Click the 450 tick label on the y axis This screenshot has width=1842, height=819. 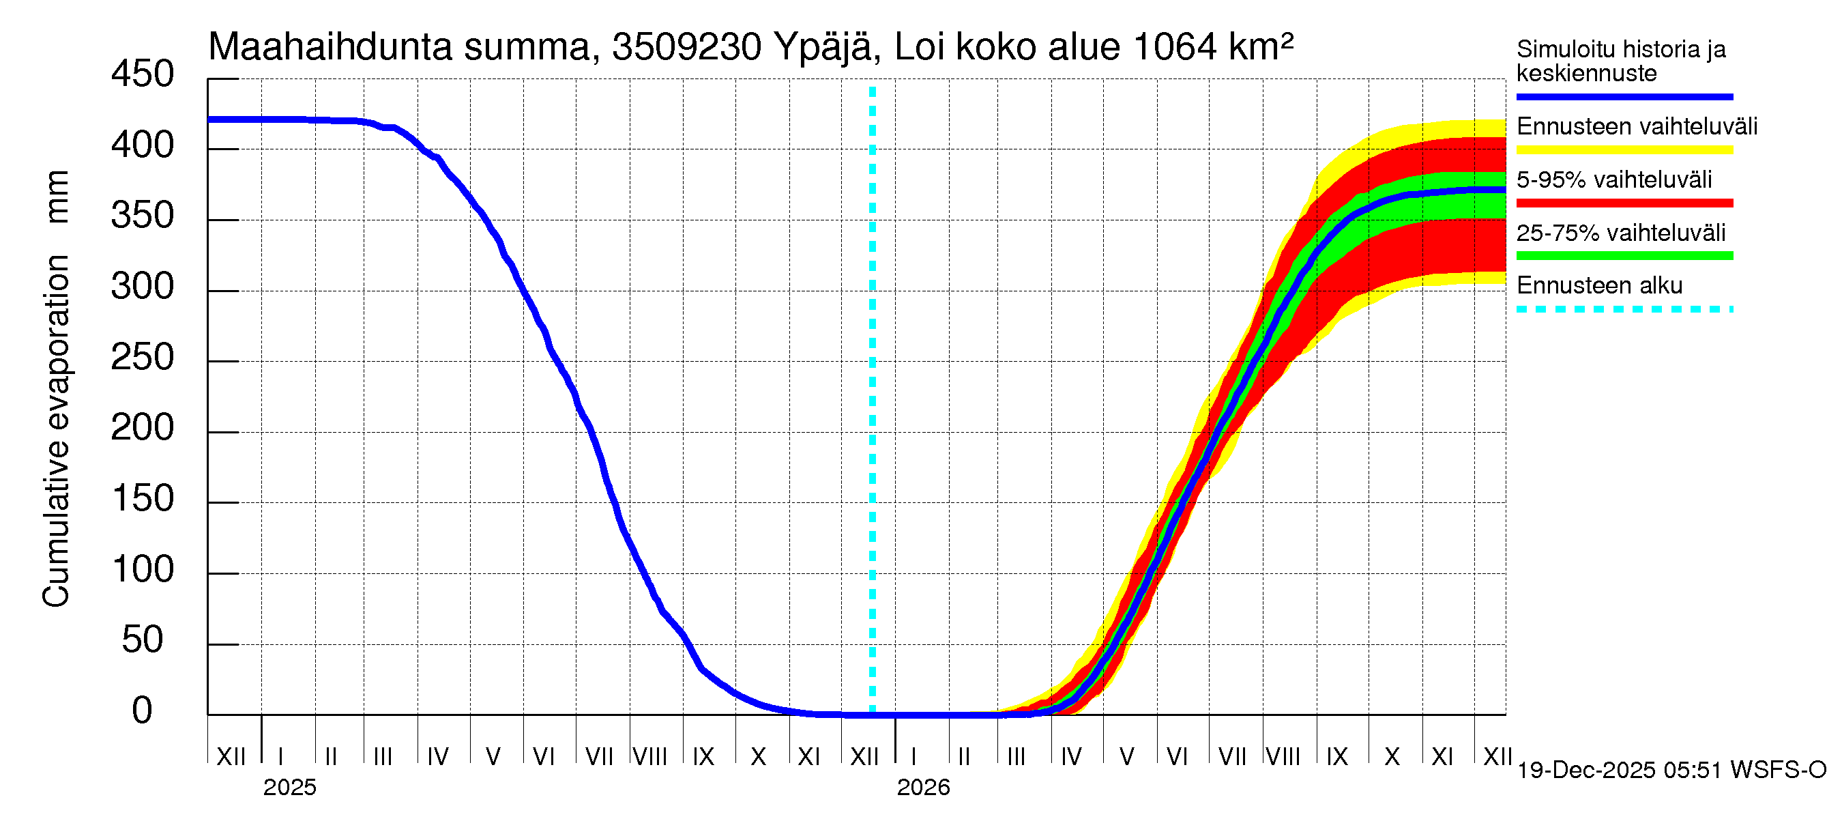pyautogui.click(x=143, y=74)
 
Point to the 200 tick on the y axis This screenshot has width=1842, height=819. pyautogui.click(x=143, y=429)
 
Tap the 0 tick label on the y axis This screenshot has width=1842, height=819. pyautogui.click(x=143, y=711)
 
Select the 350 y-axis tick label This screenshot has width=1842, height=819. pyautogui.click(x=143, y=216)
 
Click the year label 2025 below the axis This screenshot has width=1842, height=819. pyautogui.click(x=289, y=788)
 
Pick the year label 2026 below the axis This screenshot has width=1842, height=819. pyautogui.click(x=923, y=788)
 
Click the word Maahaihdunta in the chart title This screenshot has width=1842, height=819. pyautogui.click(x=330, y=47)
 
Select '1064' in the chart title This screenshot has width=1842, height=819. pyautogui.click(x=1175, y=47)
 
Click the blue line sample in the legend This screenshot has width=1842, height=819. pyautogui.click(x=1624, y=96)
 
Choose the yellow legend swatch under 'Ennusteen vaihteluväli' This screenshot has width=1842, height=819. pyautogui.click(x=1624, y=150)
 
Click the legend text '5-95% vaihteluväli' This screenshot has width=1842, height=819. pyautogui.click(x=1614, y=179)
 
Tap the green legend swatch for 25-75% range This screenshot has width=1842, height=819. pyautogui.click(x=1624, y=256)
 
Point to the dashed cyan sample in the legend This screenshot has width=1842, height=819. pyautogui.click(x=1624, y=310)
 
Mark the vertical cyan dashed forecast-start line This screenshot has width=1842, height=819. pyautogui.click(x=873, y=401)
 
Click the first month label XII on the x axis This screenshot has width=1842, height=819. pyautogui.click(x=231, y=757)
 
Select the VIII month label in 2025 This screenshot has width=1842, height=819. pyautogui.click(x=650, y=757)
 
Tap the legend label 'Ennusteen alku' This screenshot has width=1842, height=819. pyautogui.click(x=1600, y=286)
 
